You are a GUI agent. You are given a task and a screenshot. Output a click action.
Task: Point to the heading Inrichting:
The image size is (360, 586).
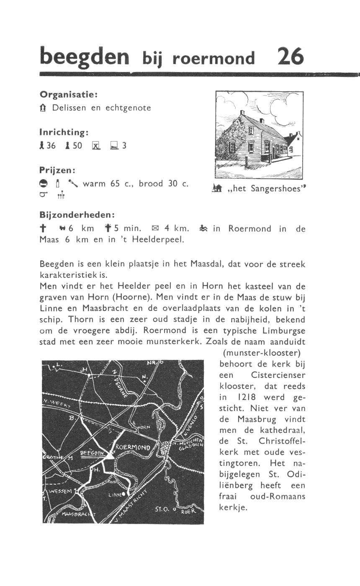(x=63, y=132)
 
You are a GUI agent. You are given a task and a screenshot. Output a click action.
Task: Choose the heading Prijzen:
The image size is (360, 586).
(x=57, y=170)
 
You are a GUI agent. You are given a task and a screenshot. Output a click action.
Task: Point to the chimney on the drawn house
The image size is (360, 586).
(x=242, y=113)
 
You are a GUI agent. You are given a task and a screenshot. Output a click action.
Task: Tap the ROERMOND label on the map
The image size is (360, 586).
(x=132, y=447)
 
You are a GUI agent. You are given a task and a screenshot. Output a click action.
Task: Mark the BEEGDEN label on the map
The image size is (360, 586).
(x=92, y=453)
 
